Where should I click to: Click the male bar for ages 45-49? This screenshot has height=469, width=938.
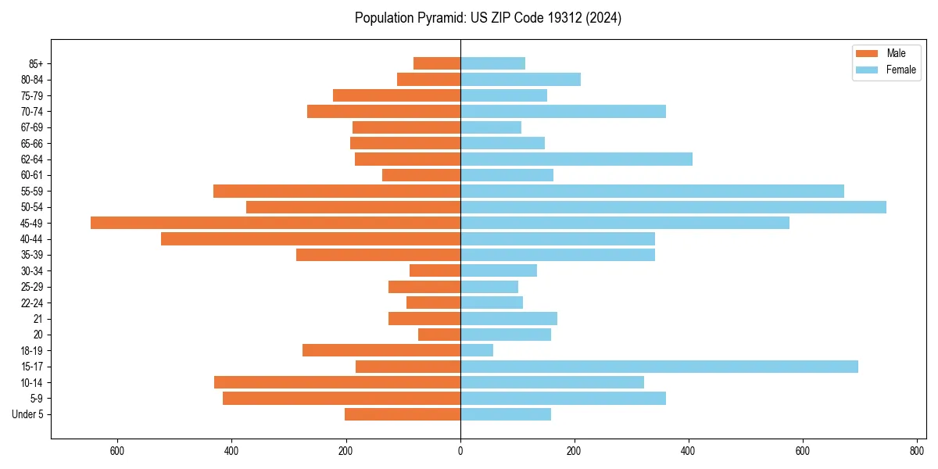tap(275, 223)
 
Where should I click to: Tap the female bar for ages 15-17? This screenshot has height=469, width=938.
tap(659, 367)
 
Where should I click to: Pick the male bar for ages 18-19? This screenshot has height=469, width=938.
tap(381, 350)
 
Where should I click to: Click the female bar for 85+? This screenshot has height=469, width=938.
tap(492, 63)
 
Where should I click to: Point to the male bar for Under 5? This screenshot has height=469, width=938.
tap(403, 414)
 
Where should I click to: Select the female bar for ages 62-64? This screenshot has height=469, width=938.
tap(576, 159)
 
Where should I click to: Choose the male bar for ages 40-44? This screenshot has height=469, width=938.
tap(310, 239)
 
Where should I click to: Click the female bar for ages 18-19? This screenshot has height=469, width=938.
tap(477, 350)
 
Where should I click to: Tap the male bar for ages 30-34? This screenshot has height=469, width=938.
tap(435, 270)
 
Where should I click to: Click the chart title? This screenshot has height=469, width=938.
tap(488, 18)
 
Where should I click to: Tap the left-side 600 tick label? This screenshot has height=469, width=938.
tap(117, 451)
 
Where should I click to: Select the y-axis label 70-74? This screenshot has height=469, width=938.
tap(32, 112)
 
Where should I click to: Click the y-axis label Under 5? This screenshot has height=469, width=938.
tap(28, 414)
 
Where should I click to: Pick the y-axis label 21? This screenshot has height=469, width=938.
tap(38, 319)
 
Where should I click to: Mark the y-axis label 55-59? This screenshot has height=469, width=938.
tap(32, 192)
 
